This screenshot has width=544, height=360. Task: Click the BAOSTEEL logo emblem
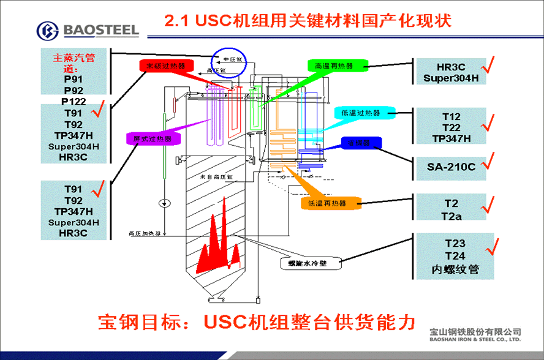tap(48, 30)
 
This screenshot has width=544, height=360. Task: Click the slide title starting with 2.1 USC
tap(308, 21)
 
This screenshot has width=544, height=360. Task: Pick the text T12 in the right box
tap(451, 116)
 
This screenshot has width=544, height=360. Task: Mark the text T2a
tap(451, 215)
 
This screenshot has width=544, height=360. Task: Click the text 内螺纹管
tap(454, 269)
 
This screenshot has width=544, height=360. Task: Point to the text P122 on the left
tap(74, 101)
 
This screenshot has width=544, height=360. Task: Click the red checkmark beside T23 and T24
tap(491, 245)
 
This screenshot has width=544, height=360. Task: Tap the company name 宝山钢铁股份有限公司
tap(475, 331)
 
